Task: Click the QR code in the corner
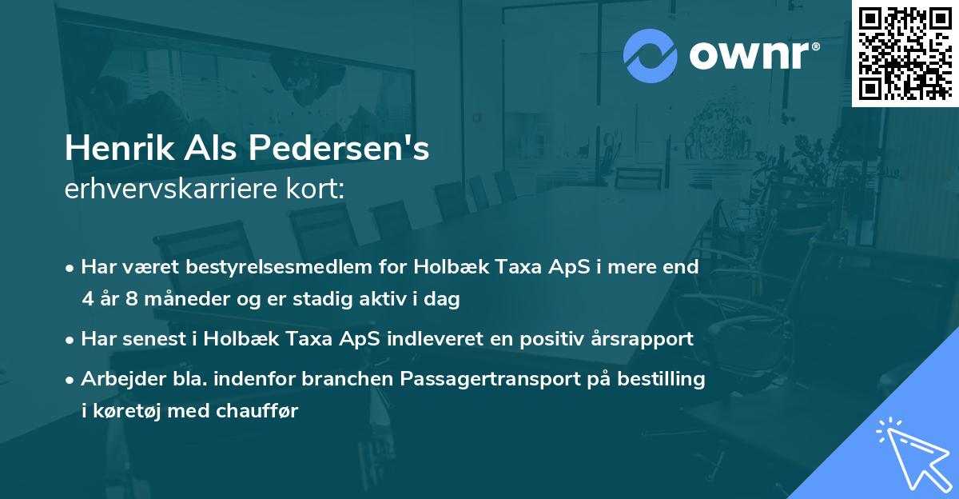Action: click(905, 54)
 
